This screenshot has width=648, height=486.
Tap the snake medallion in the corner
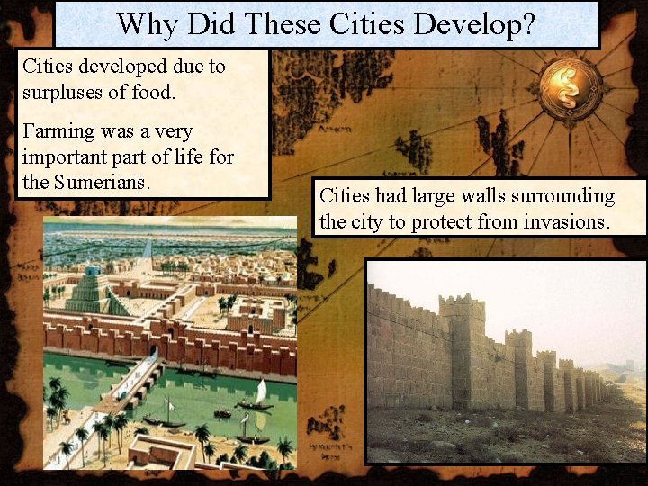point(571,88)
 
